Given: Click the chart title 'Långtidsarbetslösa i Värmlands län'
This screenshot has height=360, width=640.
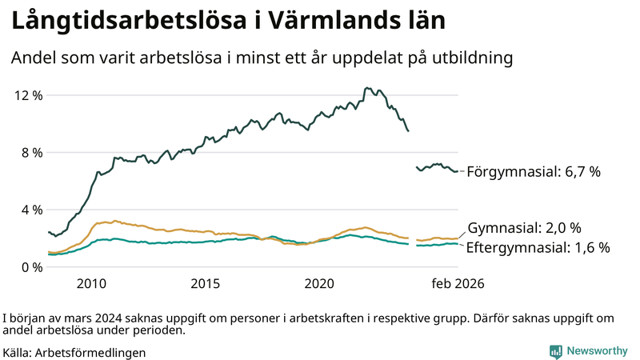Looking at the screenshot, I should (x=226, y=22).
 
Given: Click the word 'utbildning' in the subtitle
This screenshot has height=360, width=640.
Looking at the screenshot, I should (x=474, y=58).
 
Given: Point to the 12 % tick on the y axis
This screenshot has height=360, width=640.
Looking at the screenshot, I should (x=28, y=95).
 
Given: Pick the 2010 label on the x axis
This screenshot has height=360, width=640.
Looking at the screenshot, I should (x=91, y=284).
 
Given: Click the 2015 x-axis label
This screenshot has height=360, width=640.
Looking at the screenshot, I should (x=206, y=284).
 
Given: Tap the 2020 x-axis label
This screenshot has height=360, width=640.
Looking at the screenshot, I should (x=320, y=284).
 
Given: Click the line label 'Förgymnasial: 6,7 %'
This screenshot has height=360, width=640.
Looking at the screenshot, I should (x=533, y=172).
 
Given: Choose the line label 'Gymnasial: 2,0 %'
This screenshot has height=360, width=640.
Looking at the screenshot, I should (x=524, y=227).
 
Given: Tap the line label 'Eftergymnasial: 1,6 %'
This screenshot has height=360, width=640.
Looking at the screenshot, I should (x=538, y=247).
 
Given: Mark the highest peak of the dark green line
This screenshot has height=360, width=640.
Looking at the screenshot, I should (x=366, y=88).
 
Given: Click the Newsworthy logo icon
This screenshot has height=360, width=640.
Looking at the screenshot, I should (x=555, y=351).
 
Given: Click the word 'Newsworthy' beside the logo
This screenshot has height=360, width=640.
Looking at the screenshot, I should (x=597, y=351).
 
